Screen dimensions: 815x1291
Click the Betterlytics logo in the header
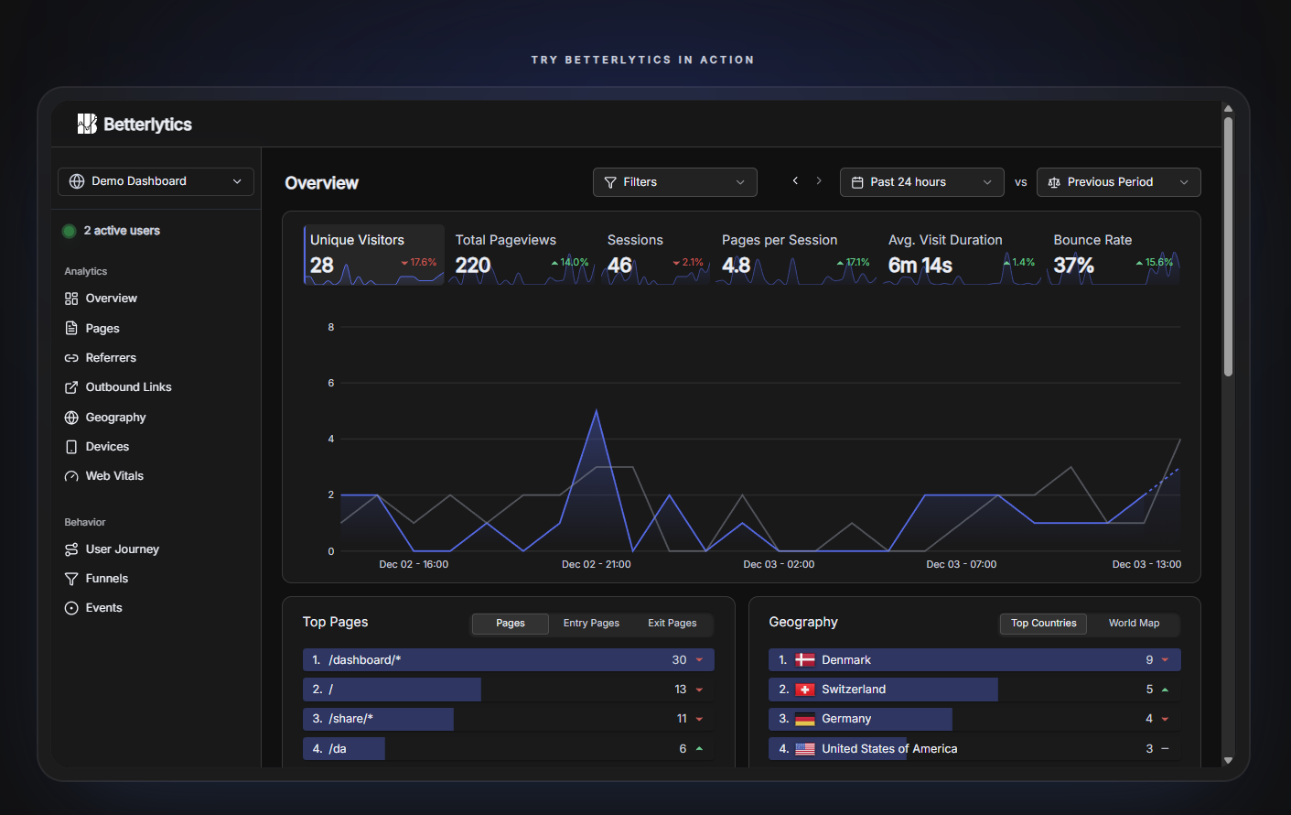(134, 125)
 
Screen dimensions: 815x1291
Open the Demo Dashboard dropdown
(156, 181)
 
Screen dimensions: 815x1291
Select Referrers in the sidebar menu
(111, 358)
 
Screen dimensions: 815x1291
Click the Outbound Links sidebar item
(128, 387)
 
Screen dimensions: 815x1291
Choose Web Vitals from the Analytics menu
(114, 476)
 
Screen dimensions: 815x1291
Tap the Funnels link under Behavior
(106, 579)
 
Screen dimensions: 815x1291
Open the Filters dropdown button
(674, 182)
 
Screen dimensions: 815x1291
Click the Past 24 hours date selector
(921, 182)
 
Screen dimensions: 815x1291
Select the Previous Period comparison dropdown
(1118, 182)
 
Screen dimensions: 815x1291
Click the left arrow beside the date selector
(795, 181)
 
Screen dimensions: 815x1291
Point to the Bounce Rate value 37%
(1073, 266)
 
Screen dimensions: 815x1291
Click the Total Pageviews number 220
(473, 266)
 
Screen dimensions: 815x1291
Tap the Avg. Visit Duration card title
(945, 240)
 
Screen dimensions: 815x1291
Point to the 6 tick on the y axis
(331, 383)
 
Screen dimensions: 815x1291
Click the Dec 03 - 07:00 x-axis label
(961, 564)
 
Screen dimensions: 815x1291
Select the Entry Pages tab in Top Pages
(591, 624)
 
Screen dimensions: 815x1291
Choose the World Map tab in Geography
(1134, 624)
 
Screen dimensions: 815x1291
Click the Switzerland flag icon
(805, 690)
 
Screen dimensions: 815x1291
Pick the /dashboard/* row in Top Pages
(508, 660)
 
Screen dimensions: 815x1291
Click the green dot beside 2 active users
(69, 231)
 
